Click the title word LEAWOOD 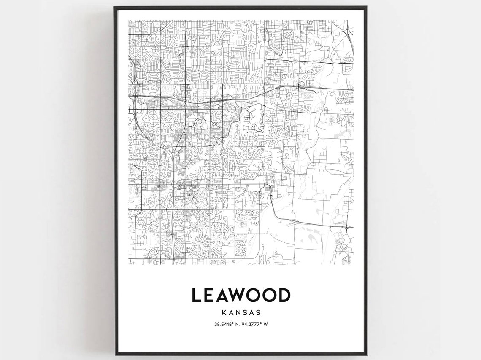click(x=241, y=295)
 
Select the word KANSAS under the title click(x=241, y=313)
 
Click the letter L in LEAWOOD click(x=196, y=295)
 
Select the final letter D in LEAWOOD click(x=284, y=295)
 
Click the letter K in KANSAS click(x=223, y=313)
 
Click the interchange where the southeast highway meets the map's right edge click(x=348, y=227)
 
